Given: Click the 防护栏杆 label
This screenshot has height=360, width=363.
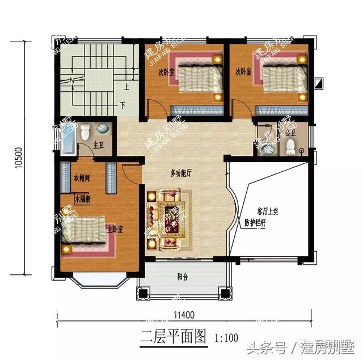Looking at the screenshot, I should point(255,222).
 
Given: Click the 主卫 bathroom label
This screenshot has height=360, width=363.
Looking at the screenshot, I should point(98,145).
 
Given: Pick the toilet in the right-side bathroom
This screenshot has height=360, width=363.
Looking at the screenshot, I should point(291,146).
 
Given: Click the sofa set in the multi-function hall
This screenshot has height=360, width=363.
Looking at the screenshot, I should point(164,220).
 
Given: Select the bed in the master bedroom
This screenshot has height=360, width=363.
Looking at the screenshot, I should point(85,233).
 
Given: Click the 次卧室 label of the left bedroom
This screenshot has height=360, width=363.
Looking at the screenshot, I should point(166,72).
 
